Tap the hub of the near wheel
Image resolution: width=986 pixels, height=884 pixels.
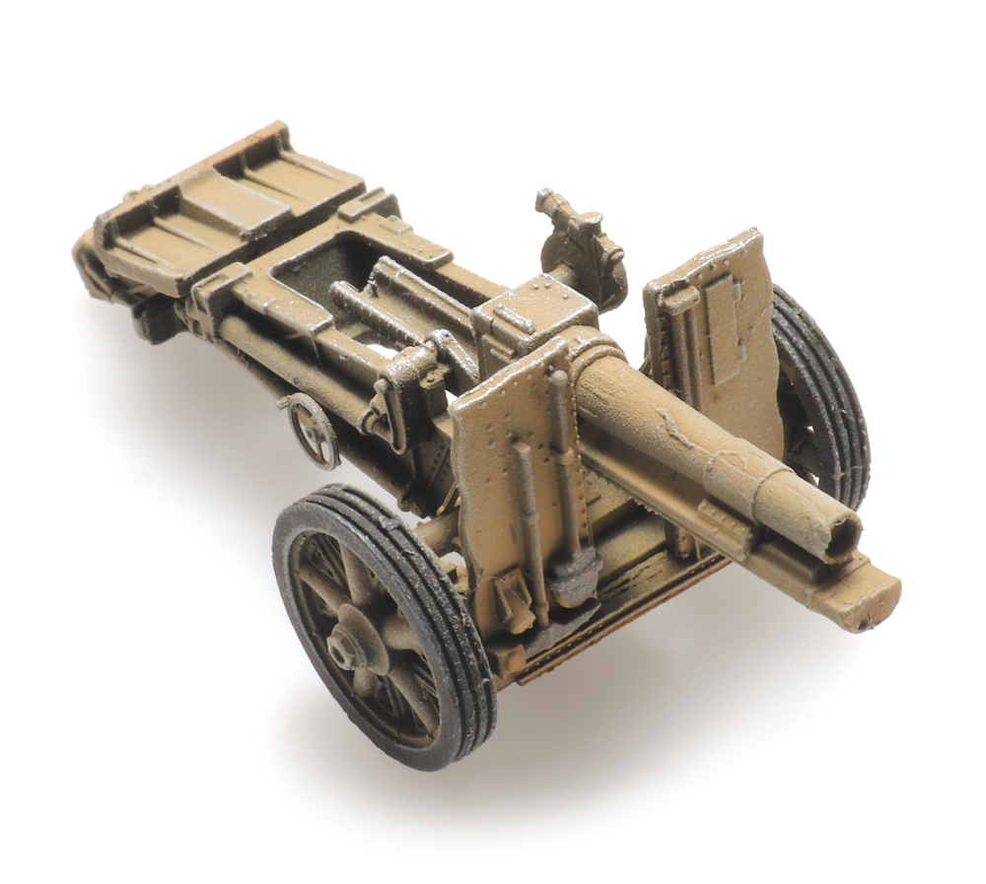click(346, 646)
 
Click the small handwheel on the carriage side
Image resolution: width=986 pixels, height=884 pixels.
click(314, 429)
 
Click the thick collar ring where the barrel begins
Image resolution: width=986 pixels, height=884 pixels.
click(597, 360)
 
